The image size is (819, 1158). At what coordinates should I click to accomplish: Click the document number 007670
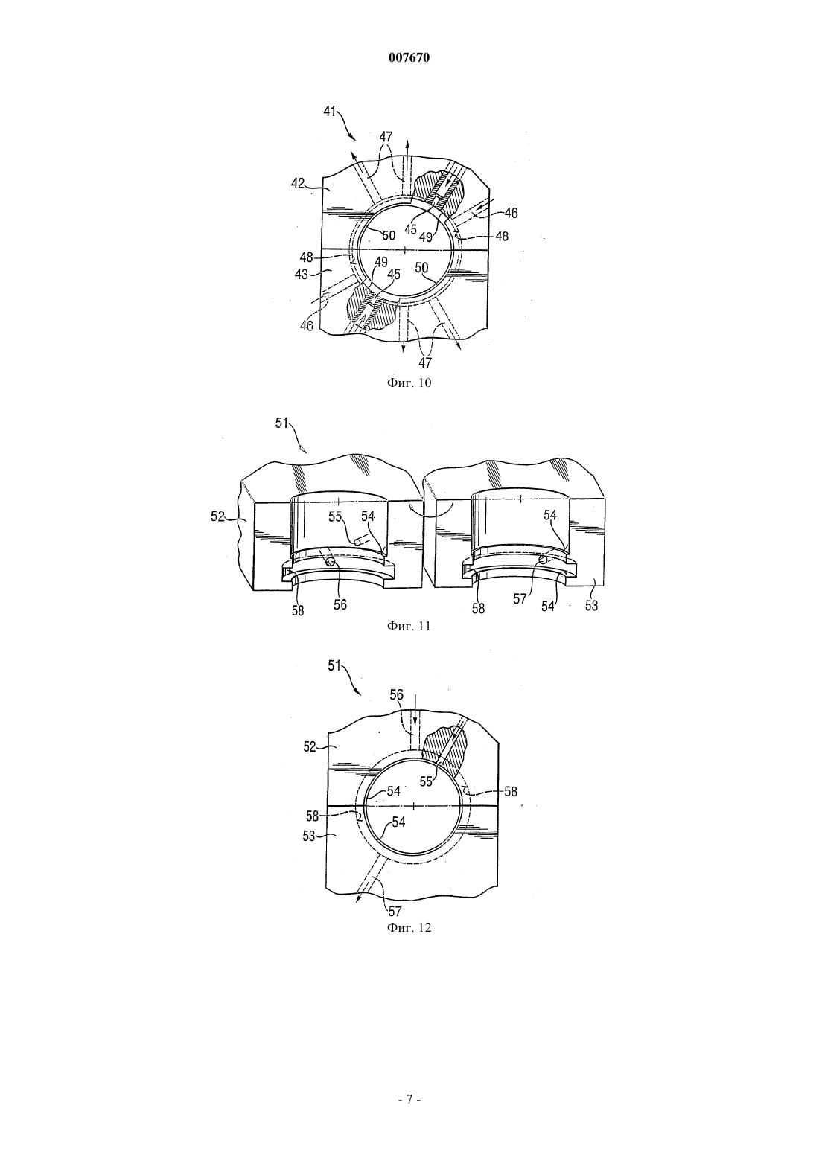(409, 58)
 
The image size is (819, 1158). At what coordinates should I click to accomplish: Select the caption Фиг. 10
(409, 383)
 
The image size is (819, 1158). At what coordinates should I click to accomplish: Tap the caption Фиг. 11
(409, 627)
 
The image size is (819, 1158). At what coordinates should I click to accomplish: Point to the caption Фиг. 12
(409, 927)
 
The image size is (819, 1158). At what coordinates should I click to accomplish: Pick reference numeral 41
(329, 111)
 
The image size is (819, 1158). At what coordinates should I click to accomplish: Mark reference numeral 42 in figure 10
(299, 184)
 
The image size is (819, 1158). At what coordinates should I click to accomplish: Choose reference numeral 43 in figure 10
(302, 273)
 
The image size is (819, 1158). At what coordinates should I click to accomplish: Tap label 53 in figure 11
(591, 605)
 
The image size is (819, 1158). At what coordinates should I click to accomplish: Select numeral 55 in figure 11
(336, 516)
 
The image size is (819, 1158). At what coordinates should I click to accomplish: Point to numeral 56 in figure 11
(340, 604)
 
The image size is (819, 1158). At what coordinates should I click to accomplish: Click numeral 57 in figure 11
(520, 599)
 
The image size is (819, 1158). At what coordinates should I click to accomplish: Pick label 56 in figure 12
(397, 695)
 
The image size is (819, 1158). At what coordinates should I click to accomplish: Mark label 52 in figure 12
(310, 747)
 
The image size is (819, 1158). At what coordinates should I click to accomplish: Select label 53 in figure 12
(309, 836)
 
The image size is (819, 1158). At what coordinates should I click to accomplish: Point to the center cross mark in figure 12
(415, 805)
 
